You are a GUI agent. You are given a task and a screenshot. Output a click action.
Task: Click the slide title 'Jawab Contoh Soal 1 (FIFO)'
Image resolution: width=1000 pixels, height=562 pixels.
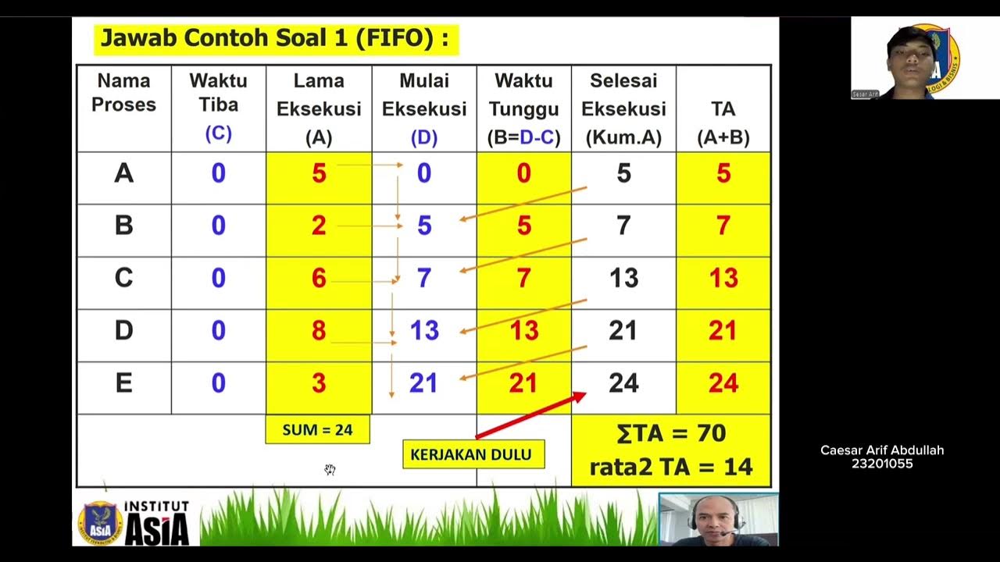[x=275, y=39]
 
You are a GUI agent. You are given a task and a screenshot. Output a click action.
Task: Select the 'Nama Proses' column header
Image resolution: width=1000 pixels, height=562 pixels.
[x=123, y=93]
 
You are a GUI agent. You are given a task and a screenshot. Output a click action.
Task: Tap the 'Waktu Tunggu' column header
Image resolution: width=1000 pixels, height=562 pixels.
[x=523, y=108]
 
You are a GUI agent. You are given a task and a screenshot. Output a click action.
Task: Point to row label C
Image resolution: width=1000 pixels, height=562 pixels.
[x=123, y=279]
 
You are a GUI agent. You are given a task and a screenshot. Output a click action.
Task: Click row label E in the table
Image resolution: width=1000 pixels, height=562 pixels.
[x=123, y=383]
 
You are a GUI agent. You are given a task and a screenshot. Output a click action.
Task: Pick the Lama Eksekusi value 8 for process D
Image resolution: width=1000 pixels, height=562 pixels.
[x=319, y=331]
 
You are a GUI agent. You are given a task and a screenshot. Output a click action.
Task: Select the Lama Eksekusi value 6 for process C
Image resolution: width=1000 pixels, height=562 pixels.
[x=319, y=279]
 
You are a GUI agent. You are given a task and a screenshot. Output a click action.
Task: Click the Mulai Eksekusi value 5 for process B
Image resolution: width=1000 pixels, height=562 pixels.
[x=424, y=226]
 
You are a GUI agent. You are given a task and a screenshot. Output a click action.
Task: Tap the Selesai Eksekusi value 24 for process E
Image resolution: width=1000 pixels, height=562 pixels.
[x=623, y=383]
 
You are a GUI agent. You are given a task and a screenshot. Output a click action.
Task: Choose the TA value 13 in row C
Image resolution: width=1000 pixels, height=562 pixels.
[x=723, y=279]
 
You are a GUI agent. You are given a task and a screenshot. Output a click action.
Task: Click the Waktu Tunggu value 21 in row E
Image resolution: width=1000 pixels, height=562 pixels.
[x=523, y=383]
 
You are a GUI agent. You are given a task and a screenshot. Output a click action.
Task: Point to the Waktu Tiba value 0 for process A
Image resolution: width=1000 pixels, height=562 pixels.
[x=218, y=173]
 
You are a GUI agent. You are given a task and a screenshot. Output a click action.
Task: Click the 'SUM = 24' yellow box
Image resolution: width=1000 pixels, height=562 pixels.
[x=317, y=429]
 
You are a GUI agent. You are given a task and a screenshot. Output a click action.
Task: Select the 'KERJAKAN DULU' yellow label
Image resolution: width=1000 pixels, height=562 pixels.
[x=471, y=454]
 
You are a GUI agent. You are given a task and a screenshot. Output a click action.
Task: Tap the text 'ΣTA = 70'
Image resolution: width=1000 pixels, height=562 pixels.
[x=671, y=434]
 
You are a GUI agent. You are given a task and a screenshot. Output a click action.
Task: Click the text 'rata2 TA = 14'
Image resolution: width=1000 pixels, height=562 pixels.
[x=671, y=467]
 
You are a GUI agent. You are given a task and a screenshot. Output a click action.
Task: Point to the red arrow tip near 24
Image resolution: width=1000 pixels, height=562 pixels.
[x=582, y=396]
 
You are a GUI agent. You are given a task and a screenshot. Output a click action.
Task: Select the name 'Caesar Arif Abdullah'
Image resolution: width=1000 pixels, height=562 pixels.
[x=882, y=450]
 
